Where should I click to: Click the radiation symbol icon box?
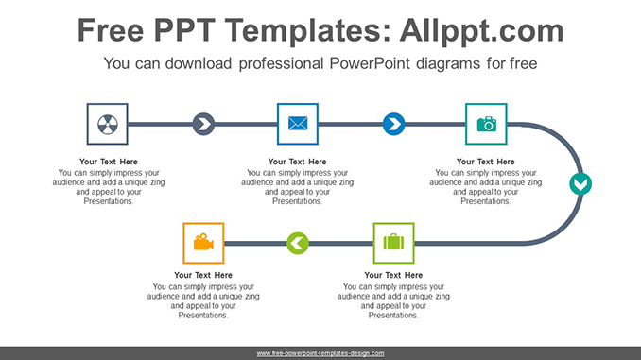(108, 124)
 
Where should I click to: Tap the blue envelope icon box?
(298, 124)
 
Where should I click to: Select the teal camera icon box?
(486, 124)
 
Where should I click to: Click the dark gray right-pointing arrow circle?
(203, 124)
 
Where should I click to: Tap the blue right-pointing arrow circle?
(393, 124)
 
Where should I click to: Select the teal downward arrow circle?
(580, 183)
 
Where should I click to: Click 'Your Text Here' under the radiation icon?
(108, 162)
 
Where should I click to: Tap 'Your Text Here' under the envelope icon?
(298, 162)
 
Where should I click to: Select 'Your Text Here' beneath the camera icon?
(486, 162)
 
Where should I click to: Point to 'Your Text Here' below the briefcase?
(393, 276)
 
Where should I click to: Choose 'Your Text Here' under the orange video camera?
(203, 276)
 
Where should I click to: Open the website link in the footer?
(320, 352)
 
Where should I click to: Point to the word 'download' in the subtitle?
(202, 64)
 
